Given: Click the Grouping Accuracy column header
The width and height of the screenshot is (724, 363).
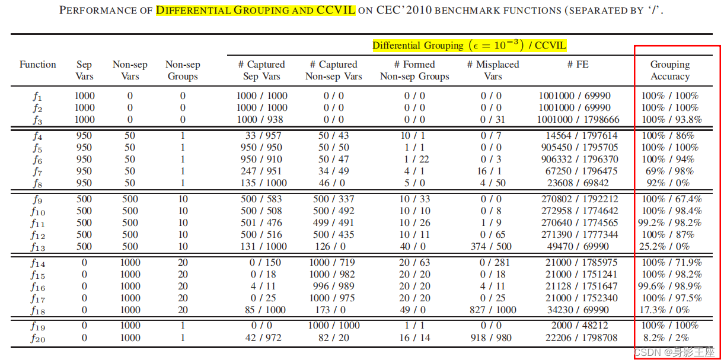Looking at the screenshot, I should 670,71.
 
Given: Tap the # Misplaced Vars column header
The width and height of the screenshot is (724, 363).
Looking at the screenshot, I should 493,71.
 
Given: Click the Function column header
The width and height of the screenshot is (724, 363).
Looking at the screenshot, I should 38,65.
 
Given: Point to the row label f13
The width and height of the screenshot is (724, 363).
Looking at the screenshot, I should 38,247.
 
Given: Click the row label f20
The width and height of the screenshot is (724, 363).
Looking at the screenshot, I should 38,338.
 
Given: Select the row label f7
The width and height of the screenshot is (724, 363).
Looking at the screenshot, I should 38,171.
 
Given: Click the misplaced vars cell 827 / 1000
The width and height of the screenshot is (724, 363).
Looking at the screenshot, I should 493,310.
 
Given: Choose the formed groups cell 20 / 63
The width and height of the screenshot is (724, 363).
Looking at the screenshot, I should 414,263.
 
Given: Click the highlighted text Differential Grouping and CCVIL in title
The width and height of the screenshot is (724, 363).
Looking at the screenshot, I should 256,11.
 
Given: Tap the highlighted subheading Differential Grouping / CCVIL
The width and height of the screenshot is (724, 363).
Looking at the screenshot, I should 469,45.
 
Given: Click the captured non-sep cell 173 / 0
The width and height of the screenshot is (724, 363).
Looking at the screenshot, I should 334,310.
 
